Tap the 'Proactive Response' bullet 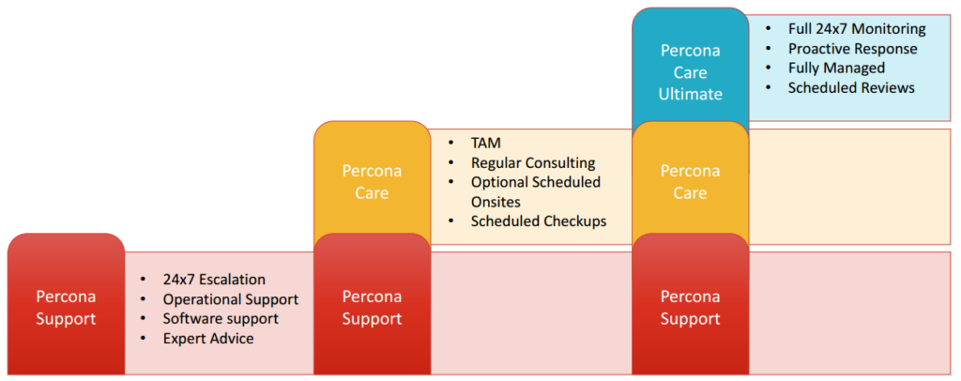point(852,48)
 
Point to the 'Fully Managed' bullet point(836,68)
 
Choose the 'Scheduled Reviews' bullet point(851,87)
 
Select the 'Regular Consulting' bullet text point(533,162)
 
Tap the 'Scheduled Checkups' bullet point(539,221)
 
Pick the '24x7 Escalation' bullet point(214,279)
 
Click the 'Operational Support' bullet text point(230,298)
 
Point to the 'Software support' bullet point(220,318)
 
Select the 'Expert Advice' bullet point(208,338)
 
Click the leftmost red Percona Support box point(66,307)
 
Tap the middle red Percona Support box point(372,307)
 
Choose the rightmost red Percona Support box point(691,307)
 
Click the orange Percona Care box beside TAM point(372,181)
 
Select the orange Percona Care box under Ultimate point(691,181)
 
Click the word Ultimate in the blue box point(691,93)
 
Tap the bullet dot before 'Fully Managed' point(769,68)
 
